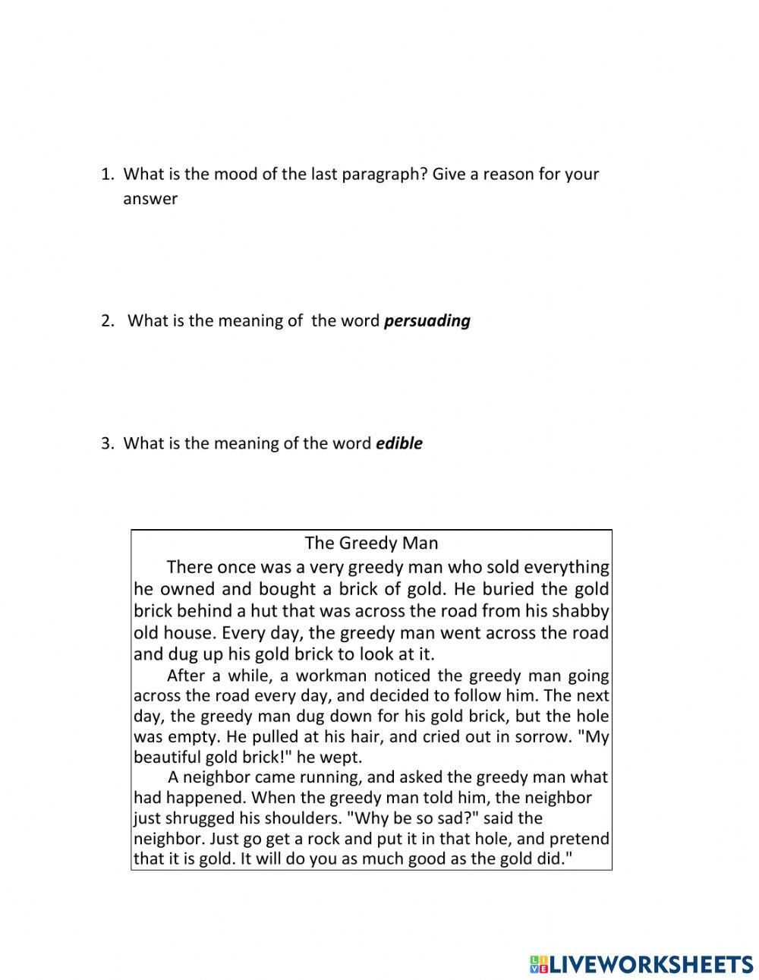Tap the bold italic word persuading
pyautogui.click(x=427, y=320)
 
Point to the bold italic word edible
pyautogui.click(x=399, y=443)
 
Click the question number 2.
pyautogui.click(x=107, y=320)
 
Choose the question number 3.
pyautogui.click(x=107, y=443)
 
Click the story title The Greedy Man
pyautogui.click(x=371, y=543)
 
